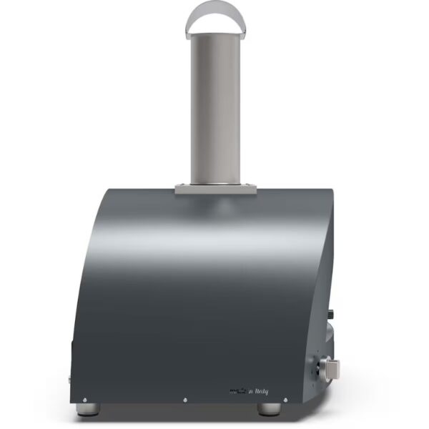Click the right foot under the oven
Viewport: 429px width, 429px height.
[269, 408]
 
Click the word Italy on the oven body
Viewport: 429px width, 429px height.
[258, 391]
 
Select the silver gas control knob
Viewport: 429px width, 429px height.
[331, 370]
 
